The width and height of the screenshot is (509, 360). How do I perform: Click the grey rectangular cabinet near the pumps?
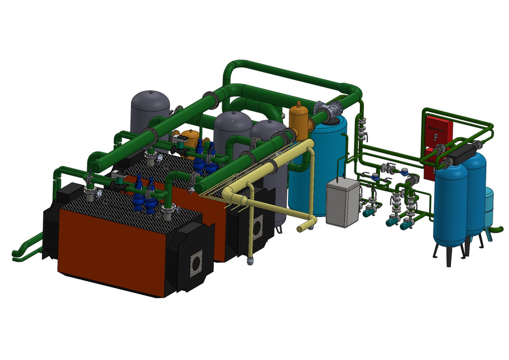pyautogui.click(x=343, y=202)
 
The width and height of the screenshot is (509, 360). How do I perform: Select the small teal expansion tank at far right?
pyautogui.click(x=489, y=208)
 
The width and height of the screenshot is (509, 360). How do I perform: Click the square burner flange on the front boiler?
pyautogui.click(x=197, y=262)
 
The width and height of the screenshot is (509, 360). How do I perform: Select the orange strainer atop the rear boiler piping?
pyautogui.click(x=191, y=136)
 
